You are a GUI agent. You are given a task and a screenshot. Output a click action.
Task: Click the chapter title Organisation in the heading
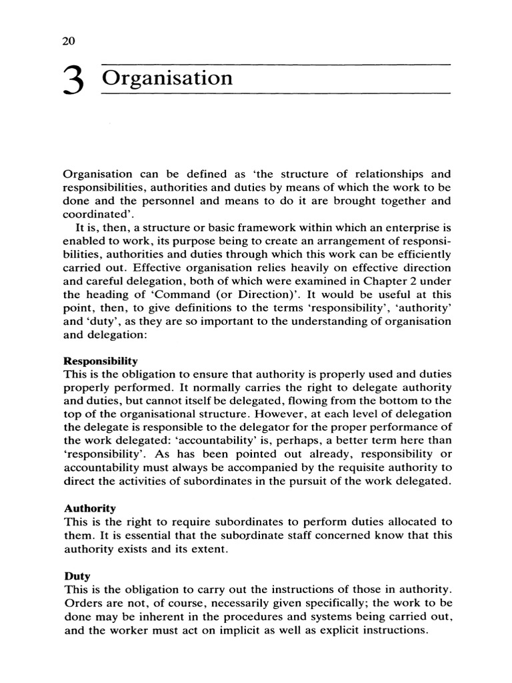tap(168, 78)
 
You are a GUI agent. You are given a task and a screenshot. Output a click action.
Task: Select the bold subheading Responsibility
tap(100, 360)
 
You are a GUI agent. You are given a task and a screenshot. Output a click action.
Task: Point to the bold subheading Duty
tap(77, 574)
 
